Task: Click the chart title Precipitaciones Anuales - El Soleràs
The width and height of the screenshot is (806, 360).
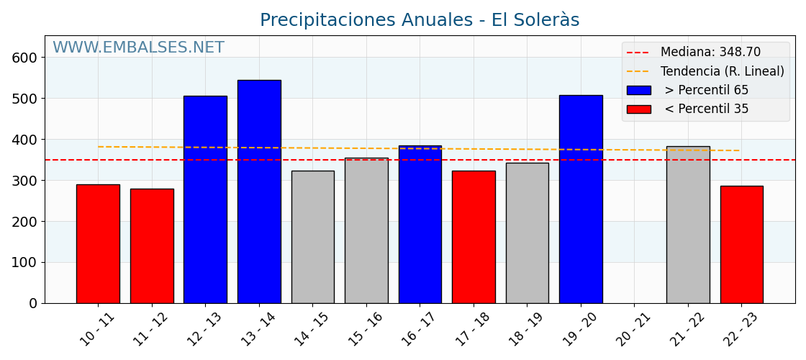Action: pos(420,20)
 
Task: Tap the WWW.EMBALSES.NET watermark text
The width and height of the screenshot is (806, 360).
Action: pos(138,48)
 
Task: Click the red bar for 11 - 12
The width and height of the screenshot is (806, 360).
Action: pos(152,246)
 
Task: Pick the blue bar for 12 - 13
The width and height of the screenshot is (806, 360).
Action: pos(205,199)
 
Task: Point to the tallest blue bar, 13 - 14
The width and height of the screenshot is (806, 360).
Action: pos(259,192)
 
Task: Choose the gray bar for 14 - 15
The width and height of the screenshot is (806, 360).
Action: pos(312,237)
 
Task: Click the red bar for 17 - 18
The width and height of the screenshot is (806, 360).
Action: pos(474,237)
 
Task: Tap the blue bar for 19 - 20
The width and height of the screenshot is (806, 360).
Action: pos(581,199)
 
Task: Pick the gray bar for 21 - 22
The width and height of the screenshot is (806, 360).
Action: pos(688,225)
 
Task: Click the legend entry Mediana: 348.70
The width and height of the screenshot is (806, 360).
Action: pos(710,53)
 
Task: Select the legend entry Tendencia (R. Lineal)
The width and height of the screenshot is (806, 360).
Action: pos(722,71)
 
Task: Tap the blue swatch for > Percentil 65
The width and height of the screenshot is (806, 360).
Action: pos(638,91)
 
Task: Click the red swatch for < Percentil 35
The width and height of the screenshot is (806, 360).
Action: pos(638,109)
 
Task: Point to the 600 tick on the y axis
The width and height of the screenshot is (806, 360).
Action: pos(24,58)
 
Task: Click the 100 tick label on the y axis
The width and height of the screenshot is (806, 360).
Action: pos(24,263)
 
